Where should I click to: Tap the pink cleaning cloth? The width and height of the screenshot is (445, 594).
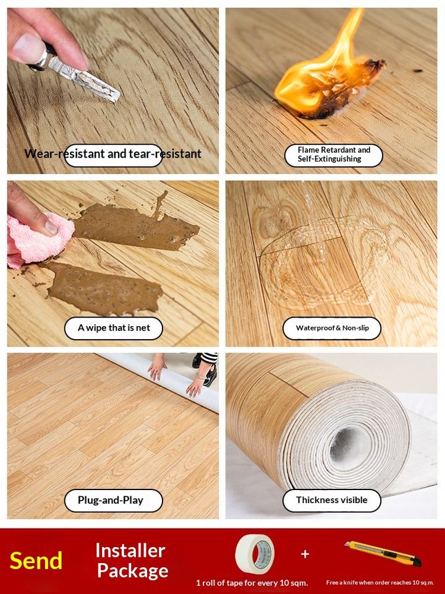(x=38, y=239)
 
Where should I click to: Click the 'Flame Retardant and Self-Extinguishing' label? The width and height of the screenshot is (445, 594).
(x=334, y=155)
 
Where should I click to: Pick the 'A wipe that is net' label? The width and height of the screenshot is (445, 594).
(x=114, y=328)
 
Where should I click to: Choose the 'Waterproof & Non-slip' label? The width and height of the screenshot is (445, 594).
(x=332, y=328)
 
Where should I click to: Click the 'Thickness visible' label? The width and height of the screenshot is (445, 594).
(x=332, y=500)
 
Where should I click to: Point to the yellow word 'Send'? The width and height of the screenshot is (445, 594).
(x=36, y=561)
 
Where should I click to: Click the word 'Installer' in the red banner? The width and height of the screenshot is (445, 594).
(x=130, y=551)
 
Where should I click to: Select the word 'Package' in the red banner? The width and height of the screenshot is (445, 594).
(x=133, y=571)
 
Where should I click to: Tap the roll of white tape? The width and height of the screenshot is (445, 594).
(x=255, y=553)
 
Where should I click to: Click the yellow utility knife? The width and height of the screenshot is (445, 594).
(x=383, y=554)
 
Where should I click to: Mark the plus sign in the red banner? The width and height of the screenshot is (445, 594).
(x=305, y=554)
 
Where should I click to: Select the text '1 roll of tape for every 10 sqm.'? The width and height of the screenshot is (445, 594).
(x=252, y=583)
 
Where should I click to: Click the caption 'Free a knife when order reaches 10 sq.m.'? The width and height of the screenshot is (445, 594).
(x=380, y=583)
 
